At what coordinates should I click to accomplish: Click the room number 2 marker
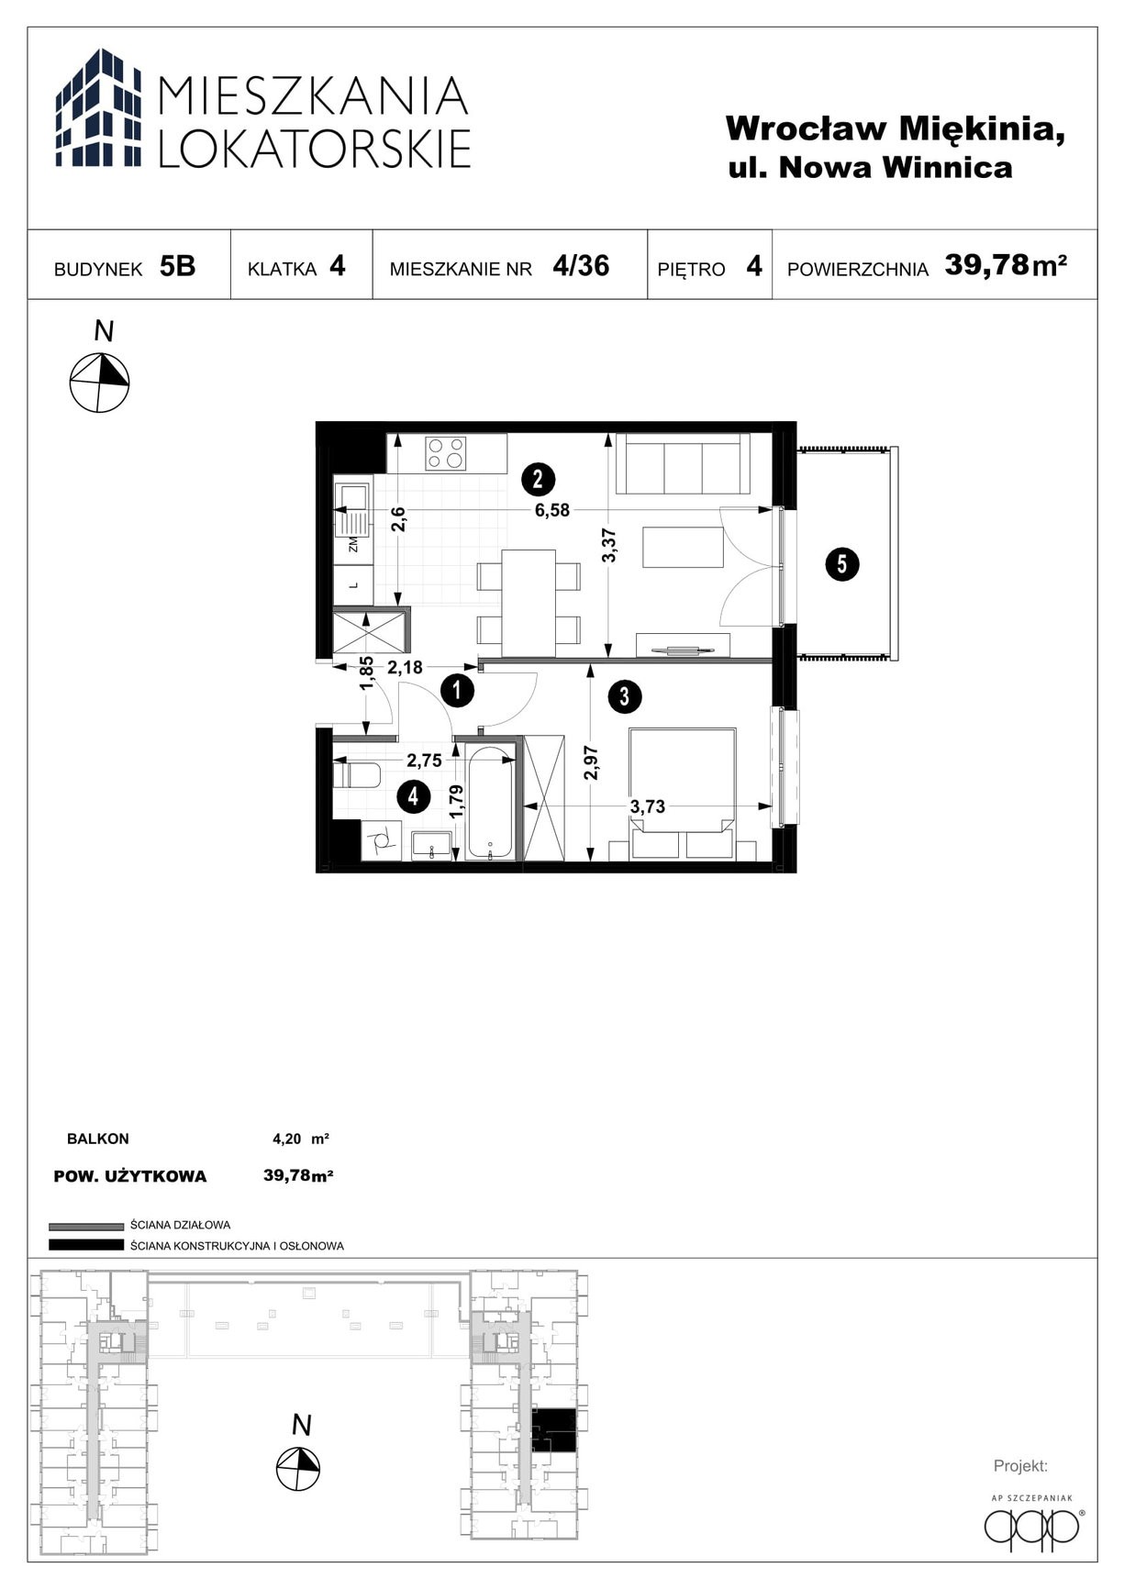pos(538,478)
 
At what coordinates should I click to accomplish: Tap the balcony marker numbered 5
pos(842,563)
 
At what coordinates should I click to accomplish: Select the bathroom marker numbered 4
pos(414,796)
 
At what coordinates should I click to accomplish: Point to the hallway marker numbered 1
pos(457,690)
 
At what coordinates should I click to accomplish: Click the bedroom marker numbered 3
pos(624,696)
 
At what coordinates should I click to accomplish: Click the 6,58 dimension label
pos(552,510)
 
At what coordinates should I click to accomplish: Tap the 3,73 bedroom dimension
pos(648,806)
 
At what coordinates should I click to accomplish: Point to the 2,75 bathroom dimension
pos(425,761)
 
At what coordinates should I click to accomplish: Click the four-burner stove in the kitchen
pos(445,452)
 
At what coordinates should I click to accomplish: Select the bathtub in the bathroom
pos(489,803)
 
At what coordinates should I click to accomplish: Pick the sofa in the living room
pos(683,463)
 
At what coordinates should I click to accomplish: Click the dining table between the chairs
pos(529,603)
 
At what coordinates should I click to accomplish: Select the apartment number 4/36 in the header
pos(581,265)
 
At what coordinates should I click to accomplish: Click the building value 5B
pos(177,266)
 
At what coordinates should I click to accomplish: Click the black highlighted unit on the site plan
pos(555,1429)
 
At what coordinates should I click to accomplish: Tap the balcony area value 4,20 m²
pos(301,1139)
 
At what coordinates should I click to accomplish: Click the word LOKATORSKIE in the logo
pos(315,148)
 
